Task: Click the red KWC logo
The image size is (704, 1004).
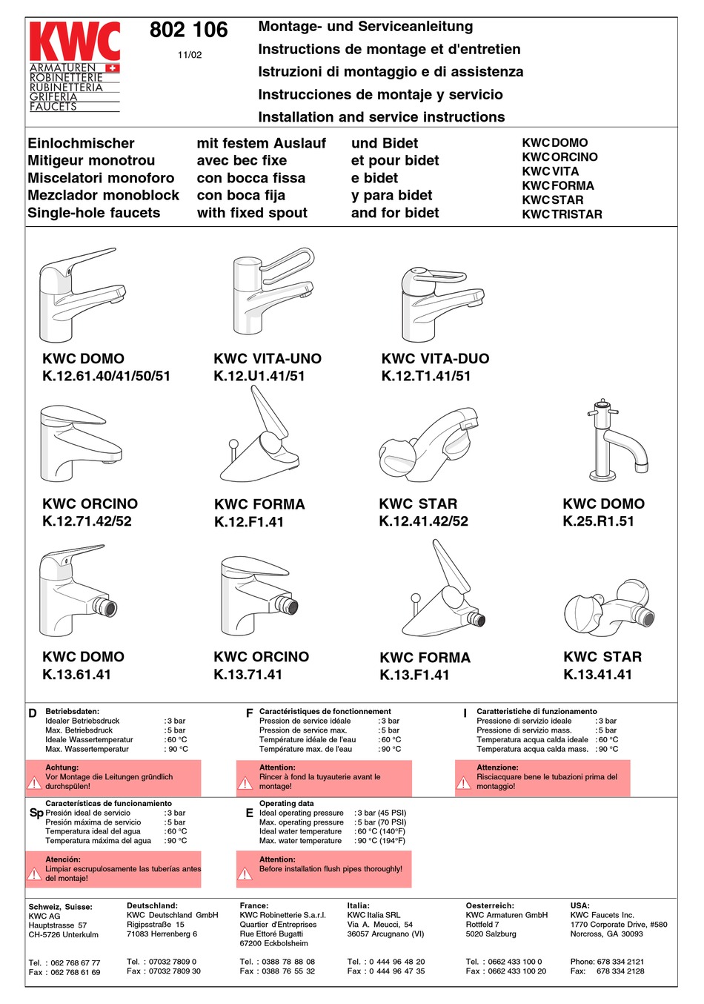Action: tap(74, 42)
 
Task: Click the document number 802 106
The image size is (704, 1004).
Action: tap(188, 30)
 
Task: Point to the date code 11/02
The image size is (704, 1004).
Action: tap(190, 55)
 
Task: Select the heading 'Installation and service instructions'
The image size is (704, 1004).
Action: tap(381, 117)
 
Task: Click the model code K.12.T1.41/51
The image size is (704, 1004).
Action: tap(426, 376)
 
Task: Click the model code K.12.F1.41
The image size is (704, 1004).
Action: tap(249, 522)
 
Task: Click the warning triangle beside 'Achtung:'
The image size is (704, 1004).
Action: tap(34, 783)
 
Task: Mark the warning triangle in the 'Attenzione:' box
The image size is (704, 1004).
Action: tap(464, 783)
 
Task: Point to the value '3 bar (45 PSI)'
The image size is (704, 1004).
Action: tap(382, 813)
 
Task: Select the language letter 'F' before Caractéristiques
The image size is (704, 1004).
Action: tap(250, 713)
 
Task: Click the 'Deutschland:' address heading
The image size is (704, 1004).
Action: tap(152, 905)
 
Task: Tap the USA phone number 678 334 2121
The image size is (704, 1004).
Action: tap(620, 962)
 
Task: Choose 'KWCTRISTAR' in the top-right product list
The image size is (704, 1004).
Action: tap(562, 214)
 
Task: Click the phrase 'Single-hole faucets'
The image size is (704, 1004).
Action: tap(94, 213)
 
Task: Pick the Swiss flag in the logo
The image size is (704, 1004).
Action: tap(113, 68)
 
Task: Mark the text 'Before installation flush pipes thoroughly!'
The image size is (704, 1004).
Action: tap(331, 869)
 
